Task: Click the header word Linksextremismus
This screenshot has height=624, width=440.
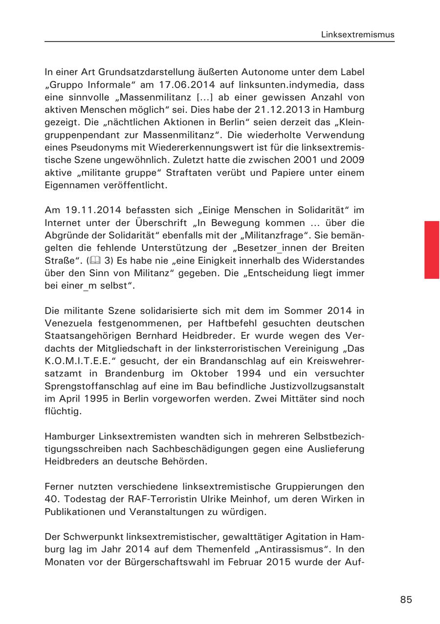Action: tap(357, 35)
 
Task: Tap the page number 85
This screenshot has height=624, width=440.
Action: tap(406, 600)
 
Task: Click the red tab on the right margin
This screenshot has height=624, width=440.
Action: tap(431, 249)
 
